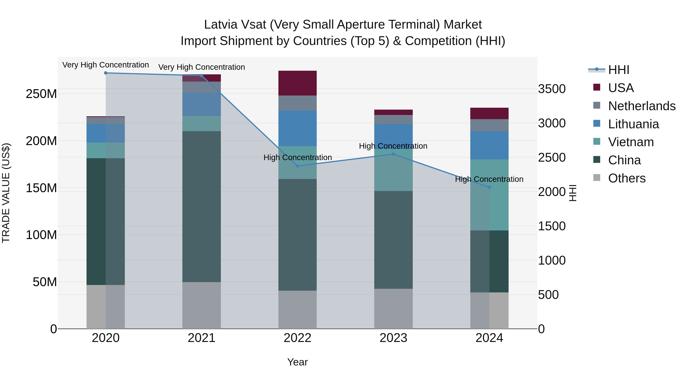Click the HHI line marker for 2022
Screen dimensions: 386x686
[x=297, y=166]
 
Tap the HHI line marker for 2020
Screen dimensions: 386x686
[x=106, y=73]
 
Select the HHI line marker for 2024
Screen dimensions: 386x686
[x=489, y=187]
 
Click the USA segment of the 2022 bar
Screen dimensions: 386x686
[x=297, y=83]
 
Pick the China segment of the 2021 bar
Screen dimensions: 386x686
[x=202, y=206]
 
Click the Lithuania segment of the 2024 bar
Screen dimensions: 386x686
[x=489, y=145]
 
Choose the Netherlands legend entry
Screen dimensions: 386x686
[x=642, y=106]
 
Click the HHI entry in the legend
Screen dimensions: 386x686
[x=619, y=70]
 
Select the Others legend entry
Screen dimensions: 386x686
[x=627, y=178]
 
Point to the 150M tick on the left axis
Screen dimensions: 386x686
[x=41, y=188]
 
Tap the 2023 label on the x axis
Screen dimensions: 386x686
[x=393, y=338]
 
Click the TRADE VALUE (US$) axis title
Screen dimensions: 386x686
[x=6, y=193]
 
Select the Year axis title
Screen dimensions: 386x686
[x=297, y=362]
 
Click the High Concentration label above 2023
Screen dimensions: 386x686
[x=393, y=146]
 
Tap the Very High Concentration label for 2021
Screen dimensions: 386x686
[x=202, y=67]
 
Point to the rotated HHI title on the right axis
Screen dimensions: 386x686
[x=573, y=193]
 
